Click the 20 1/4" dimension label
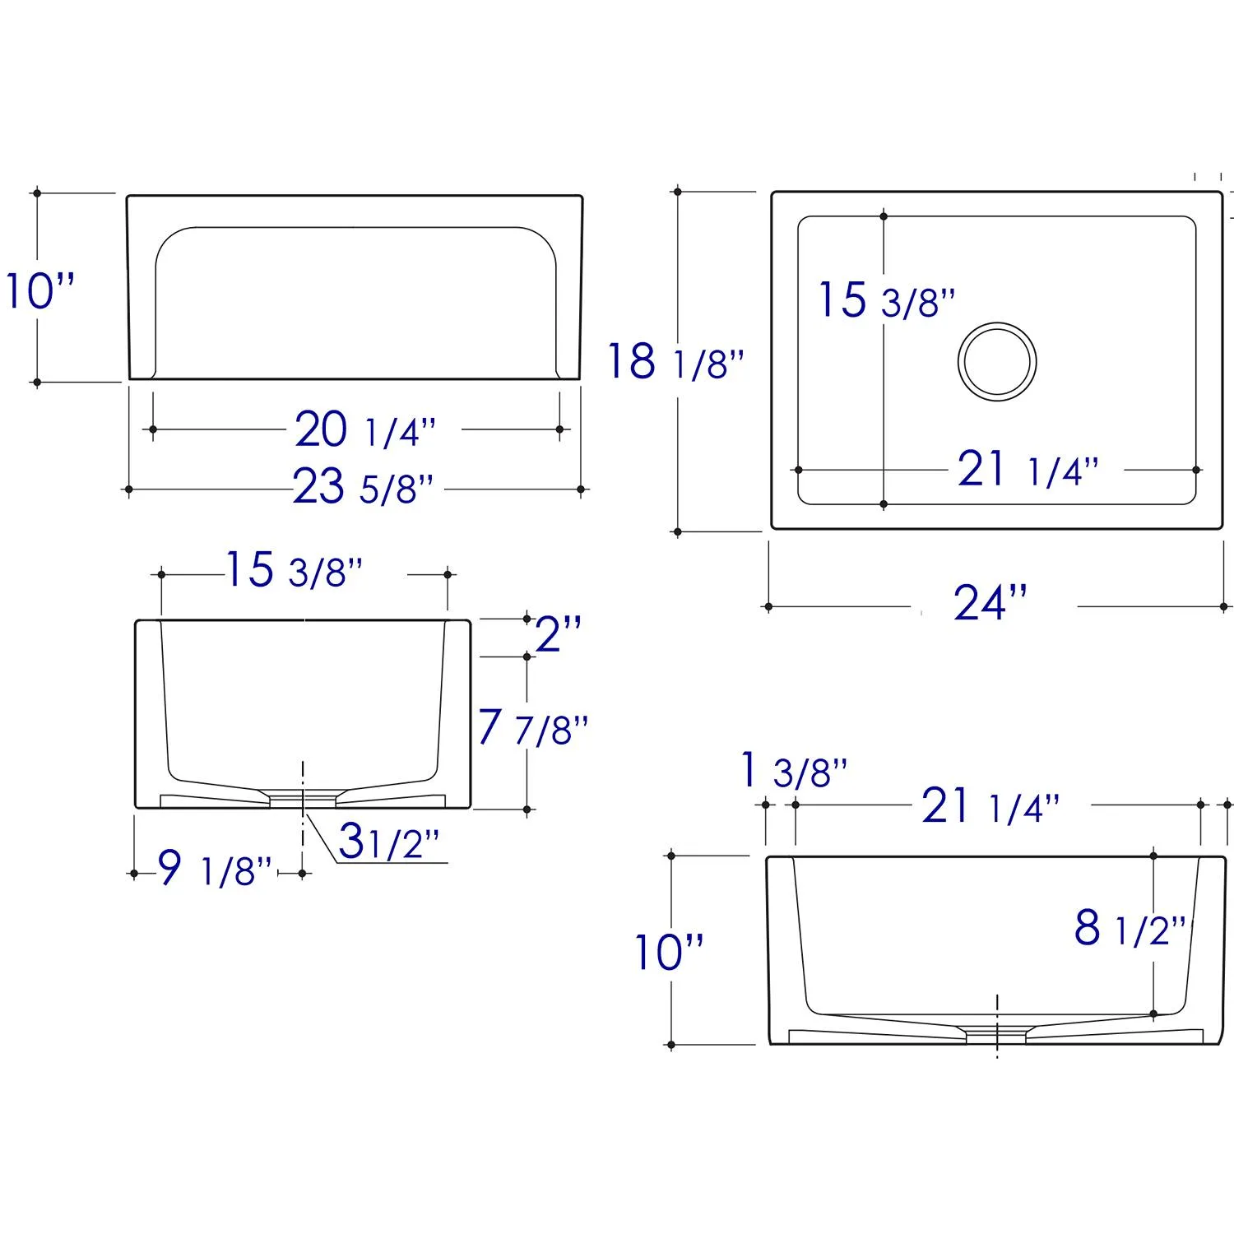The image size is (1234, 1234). (365, 429)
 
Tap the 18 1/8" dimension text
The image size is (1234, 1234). (675, 361)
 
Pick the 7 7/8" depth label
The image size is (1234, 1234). (533, 727)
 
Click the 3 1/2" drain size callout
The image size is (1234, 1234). (389, 842)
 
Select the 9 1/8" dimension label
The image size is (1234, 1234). (214, 869)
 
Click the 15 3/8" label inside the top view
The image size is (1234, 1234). (886, 299)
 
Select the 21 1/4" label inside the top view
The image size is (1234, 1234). (1028, 470)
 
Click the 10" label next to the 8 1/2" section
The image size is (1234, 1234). (669, 953)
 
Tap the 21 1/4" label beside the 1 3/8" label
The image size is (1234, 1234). (990, 805)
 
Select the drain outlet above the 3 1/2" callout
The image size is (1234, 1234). (303, 799)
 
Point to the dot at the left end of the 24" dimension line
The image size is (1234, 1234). (768, 607)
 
